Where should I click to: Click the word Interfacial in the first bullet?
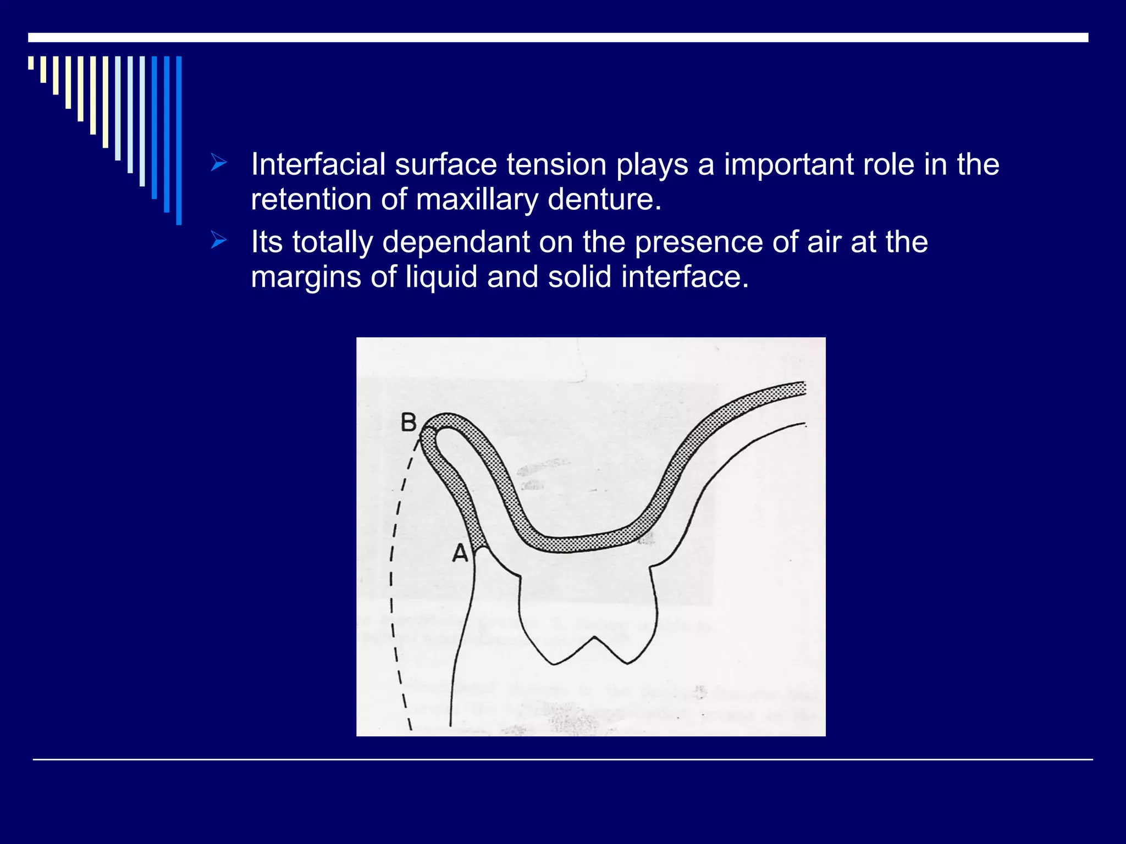coord(318,164)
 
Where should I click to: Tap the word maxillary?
coord(477,199)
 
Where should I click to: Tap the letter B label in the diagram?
coord(409,423)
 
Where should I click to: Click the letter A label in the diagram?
coord(460,553)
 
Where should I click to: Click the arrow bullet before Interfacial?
coord(218,163)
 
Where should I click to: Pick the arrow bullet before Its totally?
coord(218,240)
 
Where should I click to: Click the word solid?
coord(579,276)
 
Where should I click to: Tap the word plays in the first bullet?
coord(652,164)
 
